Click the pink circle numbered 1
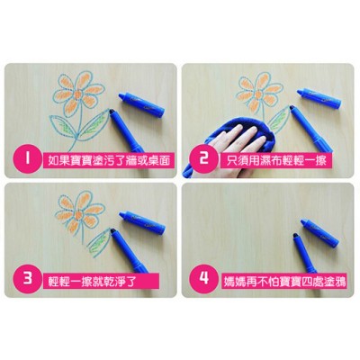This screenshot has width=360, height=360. click(x=27, y=159)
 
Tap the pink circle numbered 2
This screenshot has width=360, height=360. click(x=203, y=158)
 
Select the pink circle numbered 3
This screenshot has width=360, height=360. click(x=27, y=278)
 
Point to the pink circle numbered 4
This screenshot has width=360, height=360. click(x=204, y=278)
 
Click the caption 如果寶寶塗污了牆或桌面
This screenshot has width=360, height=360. click(x=109, y=160)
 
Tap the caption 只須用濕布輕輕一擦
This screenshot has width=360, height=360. click(x=276, y=160)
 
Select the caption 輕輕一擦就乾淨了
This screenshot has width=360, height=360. click(x=92, y=281)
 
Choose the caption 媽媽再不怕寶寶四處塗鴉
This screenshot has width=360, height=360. click(x=284, y=281)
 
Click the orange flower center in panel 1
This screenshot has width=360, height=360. click(x=78, y=94)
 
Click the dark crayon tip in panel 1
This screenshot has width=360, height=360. click(x=112, y=112)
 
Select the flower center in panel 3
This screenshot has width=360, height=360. click(x=79, y=215)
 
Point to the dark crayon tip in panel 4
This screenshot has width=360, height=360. click(x=296, y=236)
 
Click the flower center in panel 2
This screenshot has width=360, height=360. click(x=258, y=94)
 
